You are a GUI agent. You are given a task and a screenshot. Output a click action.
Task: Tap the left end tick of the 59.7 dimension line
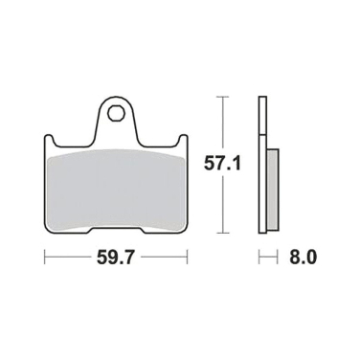point(45,257)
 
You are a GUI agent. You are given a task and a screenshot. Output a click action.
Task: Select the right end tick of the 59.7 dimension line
point(186,257)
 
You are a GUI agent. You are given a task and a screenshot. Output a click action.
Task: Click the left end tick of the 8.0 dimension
point(259,257)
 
